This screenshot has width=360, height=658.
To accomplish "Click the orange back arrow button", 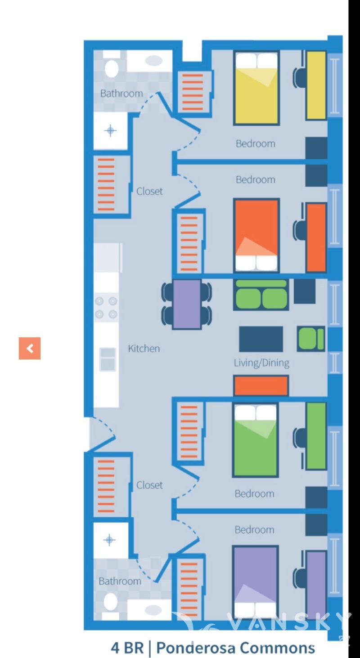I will click(30, 348).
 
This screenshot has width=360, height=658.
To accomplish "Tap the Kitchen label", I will click(144, 349).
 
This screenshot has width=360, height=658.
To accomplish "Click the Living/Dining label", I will click(261, 363).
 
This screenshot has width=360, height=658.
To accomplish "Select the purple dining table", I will click(187, 304).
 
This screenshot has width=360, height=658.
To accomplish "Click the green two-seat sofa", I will click(261, 295).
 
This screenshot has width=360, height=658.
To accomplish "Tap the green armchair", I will click(310, 339).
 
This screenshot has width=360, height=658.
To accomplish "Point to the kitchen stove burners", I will click(106, 307).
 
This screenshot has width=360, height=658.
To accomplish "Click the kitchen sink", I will click(108, 359).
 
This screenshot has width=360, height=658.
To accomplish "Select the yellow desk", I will click(316, 85).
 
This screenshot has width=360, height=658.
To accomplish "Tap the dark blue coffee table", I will click(261, 339).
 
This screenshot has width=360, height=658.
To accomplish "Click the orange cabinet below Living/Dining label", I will click(261, 385).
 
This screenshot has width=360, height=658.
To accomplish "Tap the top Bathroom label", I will click(121, 94).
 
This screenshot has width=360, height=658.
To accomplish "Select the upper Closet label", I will click(149, 191).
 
